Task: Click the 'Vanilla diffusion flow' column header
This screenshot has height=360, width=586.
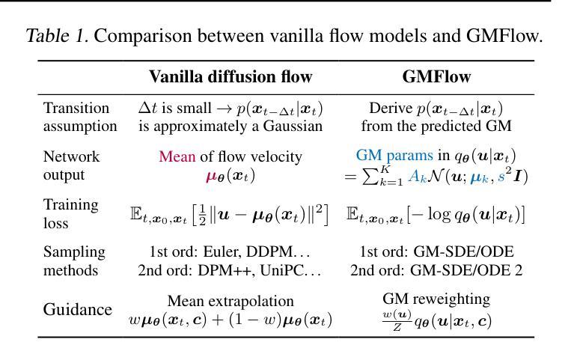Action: (231, 77)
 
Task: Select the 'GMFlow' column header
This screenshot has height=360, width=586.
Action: (436, 77)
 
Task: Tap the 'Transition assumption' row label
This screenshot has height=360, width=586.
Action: (80, 117)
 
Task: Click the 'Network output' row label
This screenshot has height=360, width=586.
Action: (72, 165)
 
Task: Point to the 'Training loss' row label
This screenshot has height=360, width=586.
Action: (71, 213)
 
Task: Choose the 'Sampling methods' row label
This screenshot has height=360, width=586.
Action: (75, 260)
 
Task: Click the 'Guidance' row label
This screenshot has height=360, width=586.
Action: (78, 310)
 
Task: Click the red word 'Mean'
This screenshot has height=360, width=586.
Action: (177, 156)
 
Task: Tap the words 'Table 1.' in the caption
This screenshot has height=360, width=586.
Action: (57, 35)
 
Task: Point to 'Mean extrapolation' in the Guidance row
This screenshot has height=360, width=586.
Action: (231, 301)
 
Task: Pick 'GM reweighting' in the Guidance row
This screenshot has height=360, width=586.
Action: (436, 299)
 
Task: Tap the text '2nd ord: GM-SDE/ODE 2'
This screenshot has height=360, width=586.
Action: (436, 269)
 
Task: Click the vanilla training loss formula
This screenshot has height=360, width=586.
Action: (229, 214)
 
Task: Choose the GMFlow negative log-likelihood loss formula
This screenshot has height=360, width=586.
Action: (436, 214)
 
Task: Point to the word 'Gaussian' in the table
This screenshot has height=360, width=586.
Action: (294, 126)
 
